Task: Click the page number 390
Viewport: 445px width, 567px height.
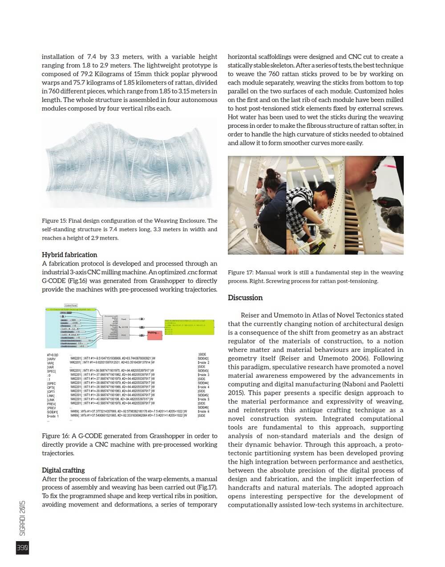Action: pos(22,548)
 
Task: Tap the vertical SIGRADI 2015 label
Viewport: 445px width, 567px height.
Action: pos(23,518)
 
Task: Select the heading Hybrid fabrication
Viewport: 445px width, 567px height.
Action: pos(69,255)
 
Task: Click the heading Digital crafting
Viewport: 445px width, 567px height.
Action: pos(63,470)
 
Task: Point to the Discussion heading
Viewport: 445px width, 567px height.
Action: pos(245,298)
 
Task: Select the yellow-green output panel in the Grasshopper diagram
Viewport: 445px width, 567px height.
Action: pos(189,327)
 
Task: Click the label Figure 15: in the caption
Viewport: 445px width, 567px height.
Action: pos(57,221)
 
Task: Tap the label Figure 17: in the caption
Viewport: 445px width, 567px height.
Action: pos(242,273)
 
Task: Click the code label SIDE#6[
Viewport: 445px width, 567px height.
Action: pos(203,408)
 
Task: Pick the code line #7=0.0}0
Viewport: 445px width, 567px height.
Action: pos(53,355)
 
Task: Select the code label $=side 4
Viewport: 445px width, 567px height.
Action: pos(203,387)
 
